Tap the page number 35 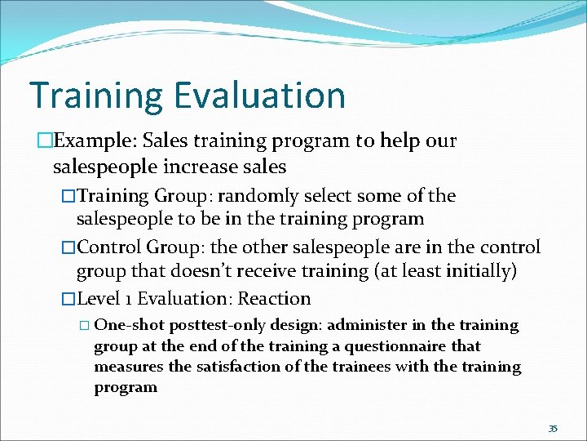pos(553,429)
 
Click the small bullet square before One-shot pos(86,325)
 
